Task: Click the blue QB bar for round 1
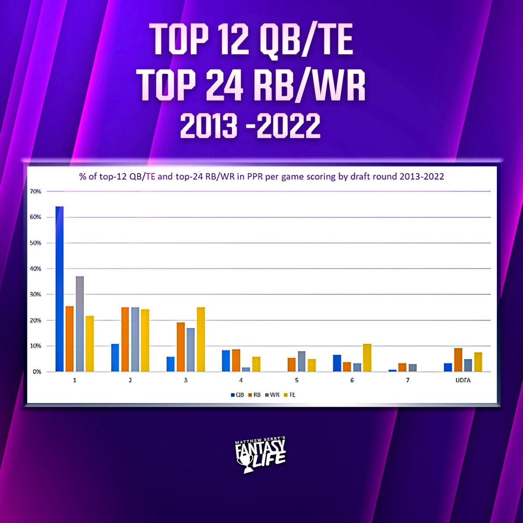[60, 289]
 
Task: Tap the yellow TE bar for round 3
[201, 340]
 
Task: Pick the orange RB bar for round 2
[125, 340]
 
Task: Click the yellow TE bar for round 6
[367, 358]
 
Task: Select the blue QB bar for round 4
[226, 361]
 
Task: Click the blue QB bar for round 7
[393, 370]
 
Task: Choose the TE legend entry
[289, 394]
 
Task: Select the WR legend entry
[272, 394]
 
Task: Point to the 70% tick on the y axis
[36, 191]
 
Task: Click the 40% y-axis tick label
[36, 269]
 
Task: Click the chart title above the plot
[261, 177]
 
